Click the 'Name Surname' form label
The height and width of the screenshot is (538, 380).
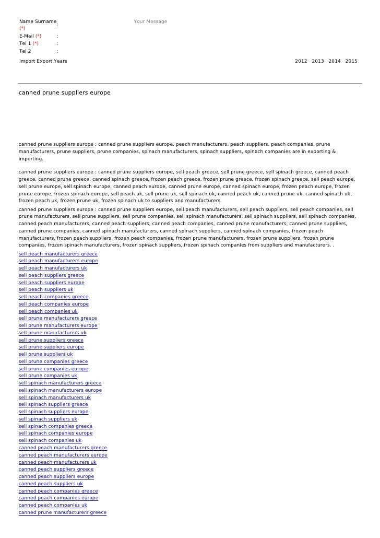coord(38,21)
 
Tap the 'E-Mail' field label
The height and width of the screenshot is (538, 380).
coord(27,36)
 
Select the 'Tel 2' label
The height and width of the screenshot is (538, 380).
coord(25,51)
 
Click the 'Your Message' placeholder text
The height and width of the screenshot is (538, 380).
coord(150,21)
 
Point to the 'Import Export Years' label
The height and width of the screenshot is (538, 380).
coord(43,61)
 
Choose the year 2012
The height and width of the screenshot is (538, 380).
coord(301,61)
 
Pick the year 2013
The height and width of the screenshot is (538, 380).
coord(318,61)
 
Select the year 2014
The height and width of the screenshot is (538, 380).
coord(335,61)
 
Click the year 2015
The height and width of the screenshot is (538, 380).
coord(351,61)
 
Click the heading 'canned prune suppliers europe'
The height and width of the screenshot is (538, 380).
coord(65,92)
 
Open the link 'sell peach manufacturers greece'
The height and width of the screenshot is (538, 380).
coord(58,254)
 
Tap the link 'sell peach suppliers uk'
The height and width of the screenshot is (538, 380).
coord(46,289)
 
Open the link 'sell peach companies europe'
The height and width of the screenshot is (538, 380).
coord(54,304)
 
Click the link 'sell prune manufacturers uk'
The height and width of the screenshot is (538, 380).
coord(53,333)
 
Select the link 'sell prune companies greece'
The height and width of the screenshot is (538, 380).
coord(53,361)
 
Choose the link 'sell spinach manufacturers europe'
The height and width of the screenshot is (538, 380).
coord(60,390)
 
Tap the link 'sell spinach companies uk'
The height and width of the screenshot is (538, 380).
coord(50,440)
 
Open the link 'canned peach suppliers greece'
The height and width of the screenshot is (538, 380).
coord(56,469)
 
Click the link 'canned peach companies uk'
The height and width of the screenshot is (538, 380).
coord(53,505)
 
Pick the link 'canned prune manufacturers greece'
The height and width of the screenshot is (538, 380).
coord(63,512)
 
